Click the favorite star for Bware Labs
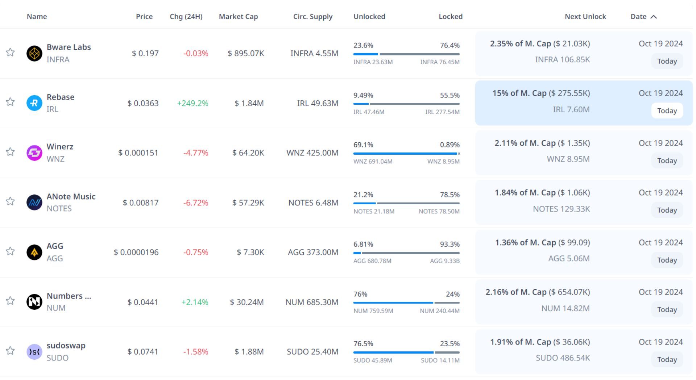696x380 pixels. click(x=10, y=53)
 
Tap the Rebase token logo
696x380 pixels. click(x=34, y=103)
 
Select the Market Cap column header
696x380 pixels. click(x=238, y=17)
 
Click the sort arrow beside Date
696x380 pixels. click(x=654, y=17)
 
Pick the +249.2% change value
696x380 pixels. click(x=192, y=103)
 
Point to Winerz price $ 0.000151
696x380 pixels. click(x=138, y=153)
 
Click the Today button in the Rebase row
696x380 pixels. click(x=667, y=111)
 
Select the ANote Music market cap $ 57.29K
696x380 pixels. click(x=248, y=203)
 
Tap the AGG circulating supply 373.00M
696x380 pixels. click(x=313, y=252)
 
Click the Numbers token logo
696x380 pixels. click(x=34, y=302)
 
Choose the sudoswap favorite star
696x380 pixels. click(x=10, y=351)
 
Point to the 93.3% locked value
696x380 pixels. click(x=449, y=245)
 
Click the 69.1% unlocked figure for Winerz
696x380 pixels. click(x=363, y=145)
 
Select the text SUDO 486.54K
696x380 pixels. click(x=563, y=358)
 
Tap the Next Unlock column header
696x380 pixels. click(x=585, y=17)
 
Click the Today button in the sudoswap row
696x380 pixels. click(x=667, y=359)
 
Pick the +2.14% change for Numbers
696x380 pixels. click(x=195, y=302)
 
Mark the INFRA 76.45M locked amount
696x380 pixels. click(x=440, y=62)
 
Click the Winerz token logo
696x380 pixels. click(x=34, y=153)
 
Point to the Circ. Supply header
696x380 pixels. click(x=312, y=17)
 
